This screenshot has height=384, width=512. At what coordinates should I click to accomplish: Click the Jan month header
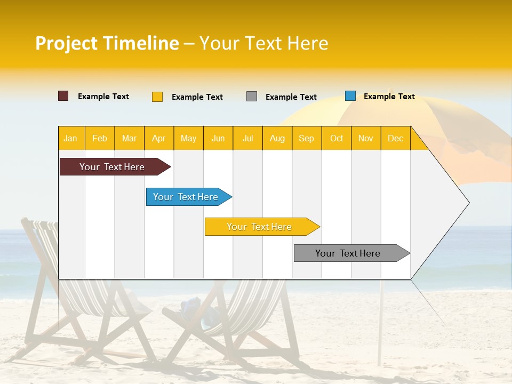71,138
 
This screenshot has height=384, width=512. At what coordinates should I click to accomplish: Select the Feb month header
100,138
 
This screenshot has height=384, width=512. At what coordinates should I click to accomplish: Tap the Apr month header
159,138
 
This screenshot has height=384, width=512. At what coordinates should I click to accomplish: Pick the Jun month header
218,138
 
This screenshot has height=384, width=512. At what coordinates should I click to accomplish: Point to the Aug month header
277,138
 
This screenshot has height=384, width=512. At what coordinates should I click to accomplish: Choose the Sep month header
307,138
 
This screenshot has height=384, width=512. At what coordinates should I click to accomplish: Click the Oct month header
337,138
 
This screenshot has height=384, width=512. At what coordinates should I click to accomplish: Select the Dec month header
396,138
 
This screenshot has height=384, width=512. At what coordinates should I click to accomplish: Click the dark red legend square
63,96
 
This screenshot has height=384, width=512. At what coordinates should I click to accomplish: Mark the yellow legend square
157,97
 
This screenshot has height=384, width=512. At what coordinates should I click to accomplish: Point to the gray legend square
252,97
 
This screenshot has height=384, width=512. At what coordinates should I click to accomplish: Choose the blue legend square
350,96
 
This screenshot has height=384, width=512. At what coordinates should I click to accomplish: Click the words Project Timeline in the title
107,43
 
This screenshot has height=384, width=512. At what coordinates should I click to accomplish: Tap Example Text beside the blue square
389,97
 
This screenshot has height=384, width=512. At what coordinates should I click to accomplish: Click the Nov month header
366,138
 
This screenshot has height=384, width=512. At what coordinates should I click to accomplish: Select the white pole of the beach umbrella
380,325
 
